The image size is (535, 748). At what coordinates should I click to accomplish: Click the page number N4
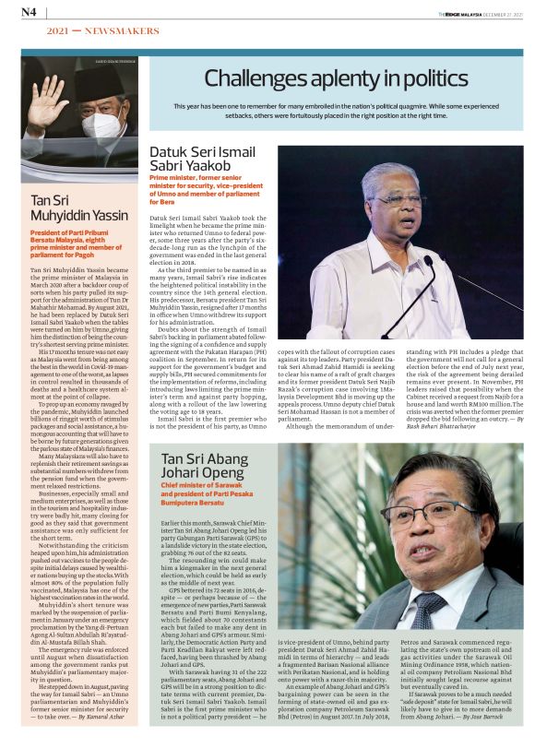point(29,12)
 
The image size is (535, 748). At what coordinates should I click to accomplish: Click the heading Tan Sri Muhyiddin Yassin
point(78,207)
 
